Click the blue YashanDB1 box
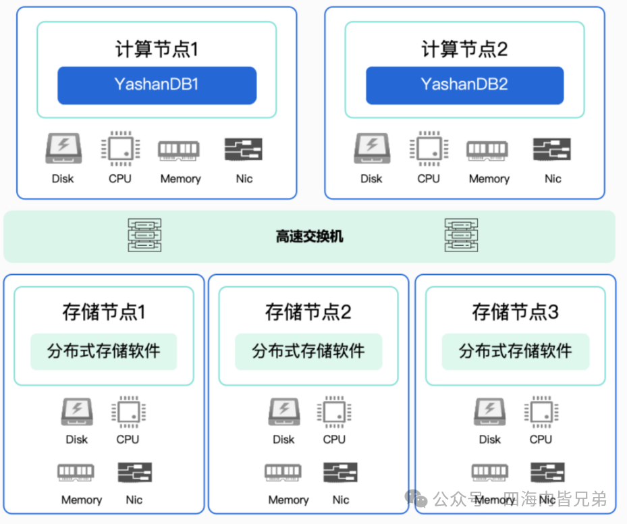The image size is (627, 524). tap(157, 85)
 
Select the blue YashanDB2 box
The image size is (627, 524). tap(464, 85)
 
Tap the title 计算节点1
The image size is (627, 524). tap(157, 49)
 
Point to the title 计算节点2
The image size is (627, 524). tap(464, 49)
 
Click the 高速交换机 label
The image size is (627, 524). tap(310, 236)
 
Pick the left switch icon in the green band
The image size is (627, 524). tap(144, 235)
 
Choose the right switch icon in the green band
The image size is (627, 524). tap(461, 235)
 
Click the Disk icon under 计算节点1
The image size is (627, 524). tap(63, 149)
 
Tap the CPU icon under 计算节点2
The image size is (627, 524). tap(429, 149)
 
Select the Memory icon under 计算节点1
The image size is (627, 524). tap(179, 151)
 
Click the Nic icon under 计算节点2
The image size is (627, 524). tap(552, 149)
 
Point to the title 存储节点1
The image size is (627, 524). tap(104, 312)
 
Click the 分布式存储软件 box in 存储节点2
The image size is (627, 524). tap(308, 351)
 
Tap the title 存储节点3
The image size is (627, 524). tap(516, 312)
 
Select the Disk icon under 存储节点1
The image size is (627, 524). tap(77, 412)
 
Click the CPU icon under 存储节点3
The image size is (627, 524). tap(541, 412)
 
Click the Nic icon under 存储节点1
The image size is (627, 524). tap(135, 473)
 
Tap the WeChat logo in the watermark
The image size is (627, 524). tap(416, 498)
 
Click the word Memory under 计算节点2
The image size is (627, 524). tap(489, 179)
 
